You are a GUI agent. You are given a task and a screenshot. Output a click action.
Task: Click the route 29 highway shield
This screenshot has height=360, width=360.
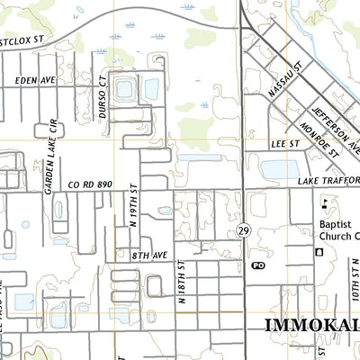244,231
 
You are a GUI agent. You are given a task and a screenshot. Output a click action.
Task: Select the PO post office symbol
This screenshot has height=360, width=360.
258,265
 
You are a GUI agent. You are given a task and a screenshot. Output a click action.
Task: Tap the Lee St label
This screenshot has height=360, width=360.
283,144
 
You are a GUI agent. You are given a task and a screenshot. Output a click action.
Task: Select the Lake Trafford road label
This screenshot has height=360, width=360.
328,182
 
